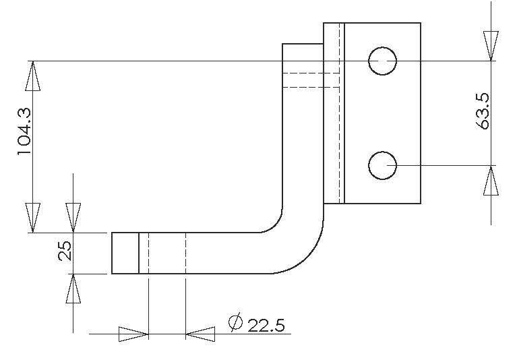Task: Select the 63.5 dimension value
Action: click(482, 111)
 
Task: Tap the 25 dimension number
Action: click(65, 252)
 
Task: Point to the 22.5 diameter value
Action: click(266, 326)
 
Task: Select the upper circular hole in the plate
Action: click(382, 61)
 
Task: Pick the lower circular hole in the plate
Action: click(382, 165)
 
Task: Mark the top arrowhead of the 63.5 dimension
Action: click(491, 46)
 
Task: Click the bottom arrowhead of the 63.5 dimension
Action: click(491, 181)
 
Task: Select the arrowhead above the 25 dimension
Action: click(73, 217)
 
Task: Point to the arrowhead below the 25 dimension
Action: click(73, 289)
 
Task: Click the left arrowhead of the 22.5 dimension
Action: click(133, 333)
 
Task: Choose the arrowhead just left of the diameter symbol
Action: click(200, 333)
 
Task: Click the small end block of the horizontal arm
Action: click(125, 253)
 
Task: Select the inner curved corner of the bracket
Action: click(274, 224)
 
